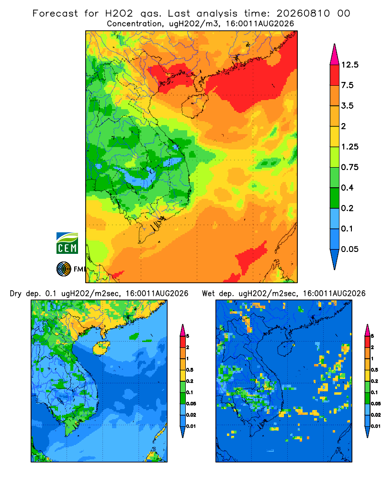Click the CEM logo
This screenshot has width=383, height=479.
pyautogui.click(x=67, y=243)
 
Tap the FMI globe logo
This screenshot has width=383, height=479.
pyautogui.click(x=64, y=269)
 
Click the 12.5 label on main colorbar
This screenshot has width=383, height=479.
pyautogui.click(x=349, y=65)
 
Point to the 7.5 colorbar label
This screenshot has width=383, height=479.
pyautogui.click(x=347, y=85)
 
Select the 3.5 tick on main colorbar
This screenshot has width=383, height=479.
pyautogui.click(x=347, y=106)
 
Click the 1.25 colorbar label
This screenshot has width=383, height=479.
pyautogui.click(x=349, y=147)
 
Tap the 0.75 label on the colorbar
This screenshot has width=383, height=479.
pyautogui.click(x=349, y=167)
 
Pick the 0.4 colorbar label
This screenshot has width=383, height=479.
pyautogui.click(x=347, y=188)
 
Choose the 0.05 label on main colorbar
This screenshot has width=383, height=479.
pyautogui.click(x=349, y=249)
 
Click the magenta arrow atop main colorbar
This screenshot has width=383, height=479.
pyautogui.click(x=335, y=55)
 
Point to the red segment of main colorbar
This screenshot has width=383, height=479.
pyautogui.click(x=335, y=75)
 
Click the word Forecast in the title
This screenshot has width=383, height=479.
pyautogui.click(x=55, y=13)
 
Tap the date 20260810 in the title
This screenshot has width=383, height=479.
pyautogui.click(x=303, y=13)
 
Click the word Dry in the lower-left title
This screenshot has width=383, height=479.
pyautogui.click(x=16, y=294)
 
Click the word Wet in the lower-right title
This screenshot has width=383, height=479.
pyautogui.click(x=208, y=294)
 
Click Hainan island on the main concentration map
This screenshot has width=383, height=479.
pyautogui.click(x=195, y=105)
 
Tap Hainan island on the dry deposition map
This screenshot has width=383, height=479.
pyautogui.click(x=101, y=348)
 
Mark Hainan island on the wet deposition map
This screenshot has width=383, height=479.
pyautogui.click(x=286, y=348)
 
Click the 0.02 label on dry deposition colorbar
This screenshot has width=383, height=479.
pyautogui.click(x=191, y=415)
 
